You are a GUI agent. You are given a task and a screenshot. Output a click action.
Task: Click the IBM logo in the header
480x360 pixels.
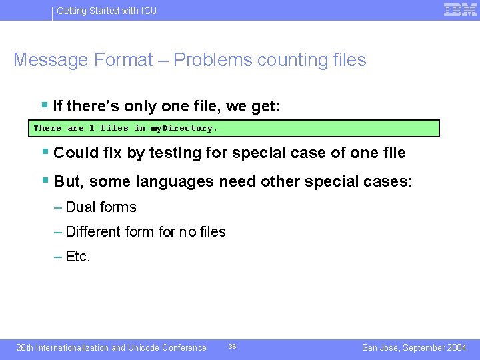460,10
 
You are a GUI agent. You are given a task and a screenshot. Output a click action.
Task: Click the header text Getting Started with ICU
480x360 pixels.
107,11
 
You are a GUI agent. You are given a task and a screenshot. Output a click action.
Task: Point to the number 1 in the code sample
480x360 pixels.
92,128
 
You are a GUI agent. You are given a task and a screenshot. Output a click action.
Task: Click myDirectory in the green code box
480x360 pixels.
183,128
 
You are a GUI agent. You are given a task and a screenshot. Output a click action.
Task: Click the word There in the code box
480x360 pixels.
47,128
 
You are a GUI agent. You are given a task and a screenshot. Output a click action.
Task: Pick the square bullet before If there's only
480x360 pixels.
45,105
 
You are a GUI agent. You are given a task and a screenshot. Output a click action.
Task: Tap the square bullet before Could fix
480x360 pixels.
45,152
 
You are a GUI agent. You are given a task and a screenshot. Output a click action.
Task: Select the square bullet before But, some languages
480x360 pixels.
45,181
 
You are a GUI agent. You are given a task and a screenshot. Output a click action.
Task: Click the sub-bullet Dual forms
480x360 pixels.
101,207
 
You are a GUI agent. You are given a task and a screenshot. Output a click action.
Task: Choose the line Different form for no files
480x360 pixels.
145,232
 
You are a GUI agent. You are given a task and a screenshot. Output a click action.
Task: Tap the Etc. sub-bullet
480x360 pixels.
78,257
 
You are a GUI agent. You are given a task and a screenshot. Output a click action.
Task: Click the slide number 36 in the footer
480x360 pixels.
232,347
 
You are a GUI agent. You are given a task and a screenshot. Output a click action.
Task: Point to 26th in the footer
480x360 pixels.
25,347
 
